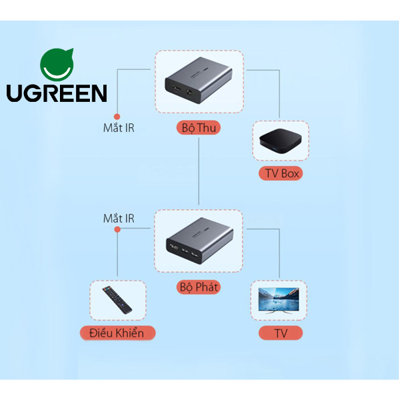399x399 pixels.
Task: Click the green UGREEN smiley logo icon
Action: (57, 65)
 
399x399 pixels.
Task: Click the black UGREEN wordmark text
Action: (57, 93)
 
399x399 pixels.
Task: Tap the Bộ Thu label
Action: (199, 127)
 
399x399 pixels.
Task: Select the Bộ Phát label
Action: (199, 287)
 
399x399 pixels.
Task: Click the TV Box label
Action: (280, 174)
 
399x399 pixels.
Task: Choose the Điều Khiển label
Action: (117, 333)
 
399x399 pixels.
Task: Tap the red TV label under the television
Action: (280, 333)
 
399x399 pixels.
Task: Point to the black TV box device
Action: (280, 141)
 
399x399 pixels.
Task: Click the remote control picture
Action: (117, 300)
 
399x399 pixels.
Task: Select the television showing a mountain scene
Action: (278, 300)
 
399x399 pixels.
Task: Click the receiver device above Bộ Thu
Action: (199, 80)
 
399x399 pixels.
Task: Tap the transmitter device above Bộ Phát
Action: (200, 240)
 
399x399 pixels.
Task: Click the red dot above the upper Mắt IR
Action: (117, 117)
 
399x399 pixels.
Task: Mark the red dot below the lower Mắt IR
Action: (117, 230)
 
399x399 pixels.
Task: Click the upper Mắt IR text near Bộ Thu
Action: (119, 128)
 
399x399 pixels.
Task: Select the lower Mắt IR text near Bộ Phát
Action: (119, 218)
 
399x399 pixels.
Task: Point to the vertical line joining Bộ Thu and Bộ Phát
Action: (199, 171)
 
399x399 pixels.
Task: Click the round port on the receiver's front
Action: (190, 92)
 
